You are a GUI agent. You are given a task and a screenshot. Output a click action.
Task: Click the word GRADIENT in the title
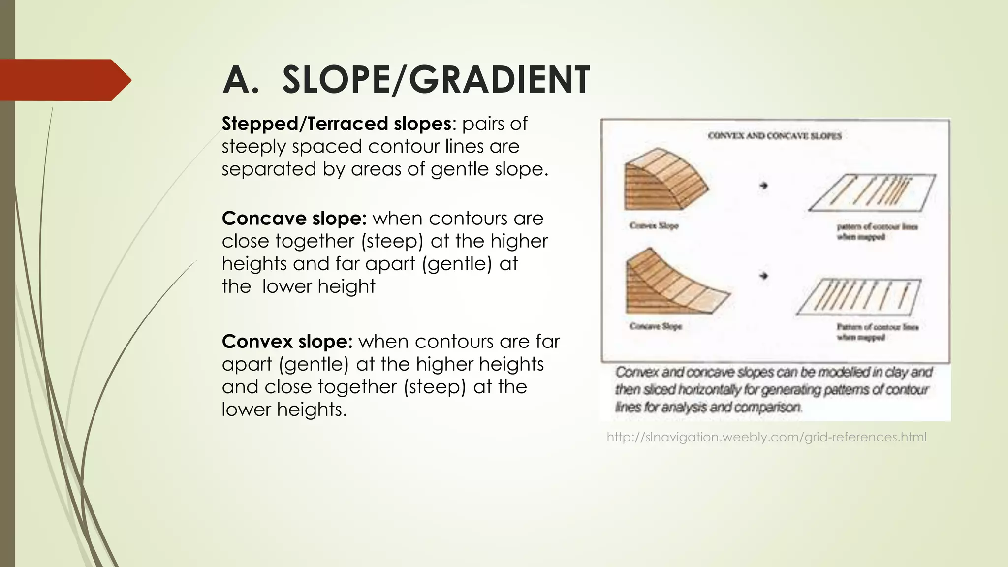tap(499, 80)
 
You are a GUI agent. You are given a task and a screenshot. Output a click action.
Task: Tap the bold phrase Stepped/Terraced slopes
tap(336, 124)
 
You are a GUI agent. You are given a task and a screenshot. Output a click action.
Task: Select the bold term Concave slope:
tap(294, 218)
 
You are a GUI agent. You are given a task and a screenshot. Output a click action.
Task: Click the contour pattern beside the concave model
tap(859, 296)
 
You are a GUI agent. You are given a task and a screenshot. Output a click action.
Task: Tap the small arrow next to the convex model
tap(763, 186)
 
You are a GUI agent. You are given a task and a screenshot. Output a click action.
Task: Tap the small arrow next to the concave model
tap(763, 276)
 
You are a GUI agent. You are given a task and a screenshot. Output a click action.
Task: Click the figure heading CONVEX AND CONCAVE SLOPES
tap(774, 136)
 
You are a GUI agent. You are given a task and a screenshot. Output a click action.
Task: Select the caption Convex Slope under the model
tap(654, 226)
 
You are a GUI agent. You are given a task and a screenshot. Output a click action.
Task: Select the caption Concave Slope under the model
tap(655, 326)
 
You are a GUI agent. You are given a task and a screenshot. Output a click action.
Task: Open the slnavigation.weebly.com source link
tap(766, 437)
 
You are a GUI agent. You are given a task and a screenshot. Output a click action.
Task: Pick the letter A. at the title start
tap(241, 80)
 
